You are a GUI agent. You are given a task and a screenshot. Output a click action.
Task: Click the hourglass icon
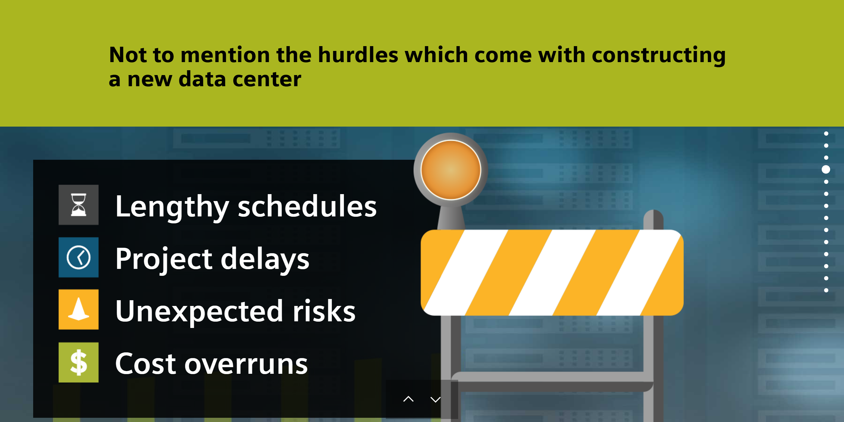[x=78, y=205]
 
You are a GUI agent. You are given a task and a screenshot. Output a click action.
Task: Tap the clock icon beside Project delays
[x=78, y=257]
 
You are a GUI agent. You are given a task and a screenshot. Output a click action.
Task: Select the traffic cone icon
[x=78, y=309]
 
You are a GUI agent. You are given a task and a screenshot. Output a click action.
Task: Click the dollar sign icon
[x=78, y=362]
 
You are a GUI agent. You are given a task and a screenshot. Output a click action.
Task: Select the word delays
[x=265, y=260]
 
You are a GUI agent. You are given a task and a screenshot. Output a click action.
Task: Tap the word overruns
[x=246, y=365]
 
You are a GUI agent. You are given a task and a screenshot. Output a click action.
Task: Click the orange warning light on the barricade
[x=451, y=170]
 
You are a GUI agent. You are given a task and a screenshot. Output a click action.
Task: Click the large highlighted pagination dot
[x=826, y=169]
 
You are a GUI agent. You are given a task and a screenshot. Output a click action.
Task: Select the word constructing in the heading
[x=659, y=55]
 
